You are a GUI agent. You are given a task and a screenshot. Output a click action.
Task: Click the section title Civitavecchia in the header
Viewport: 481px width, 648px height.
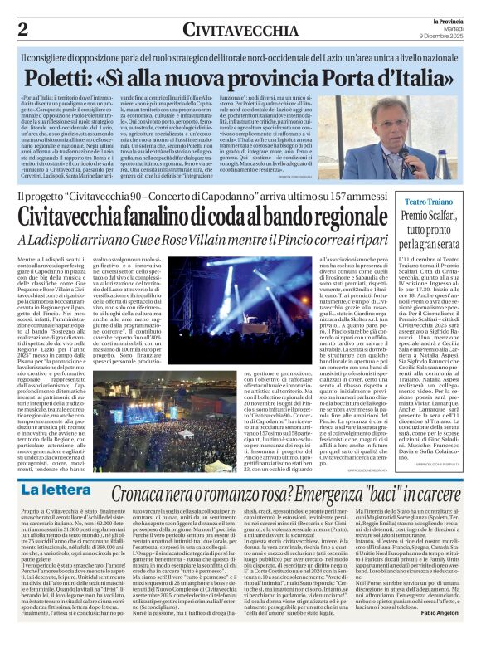[233, 30]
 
